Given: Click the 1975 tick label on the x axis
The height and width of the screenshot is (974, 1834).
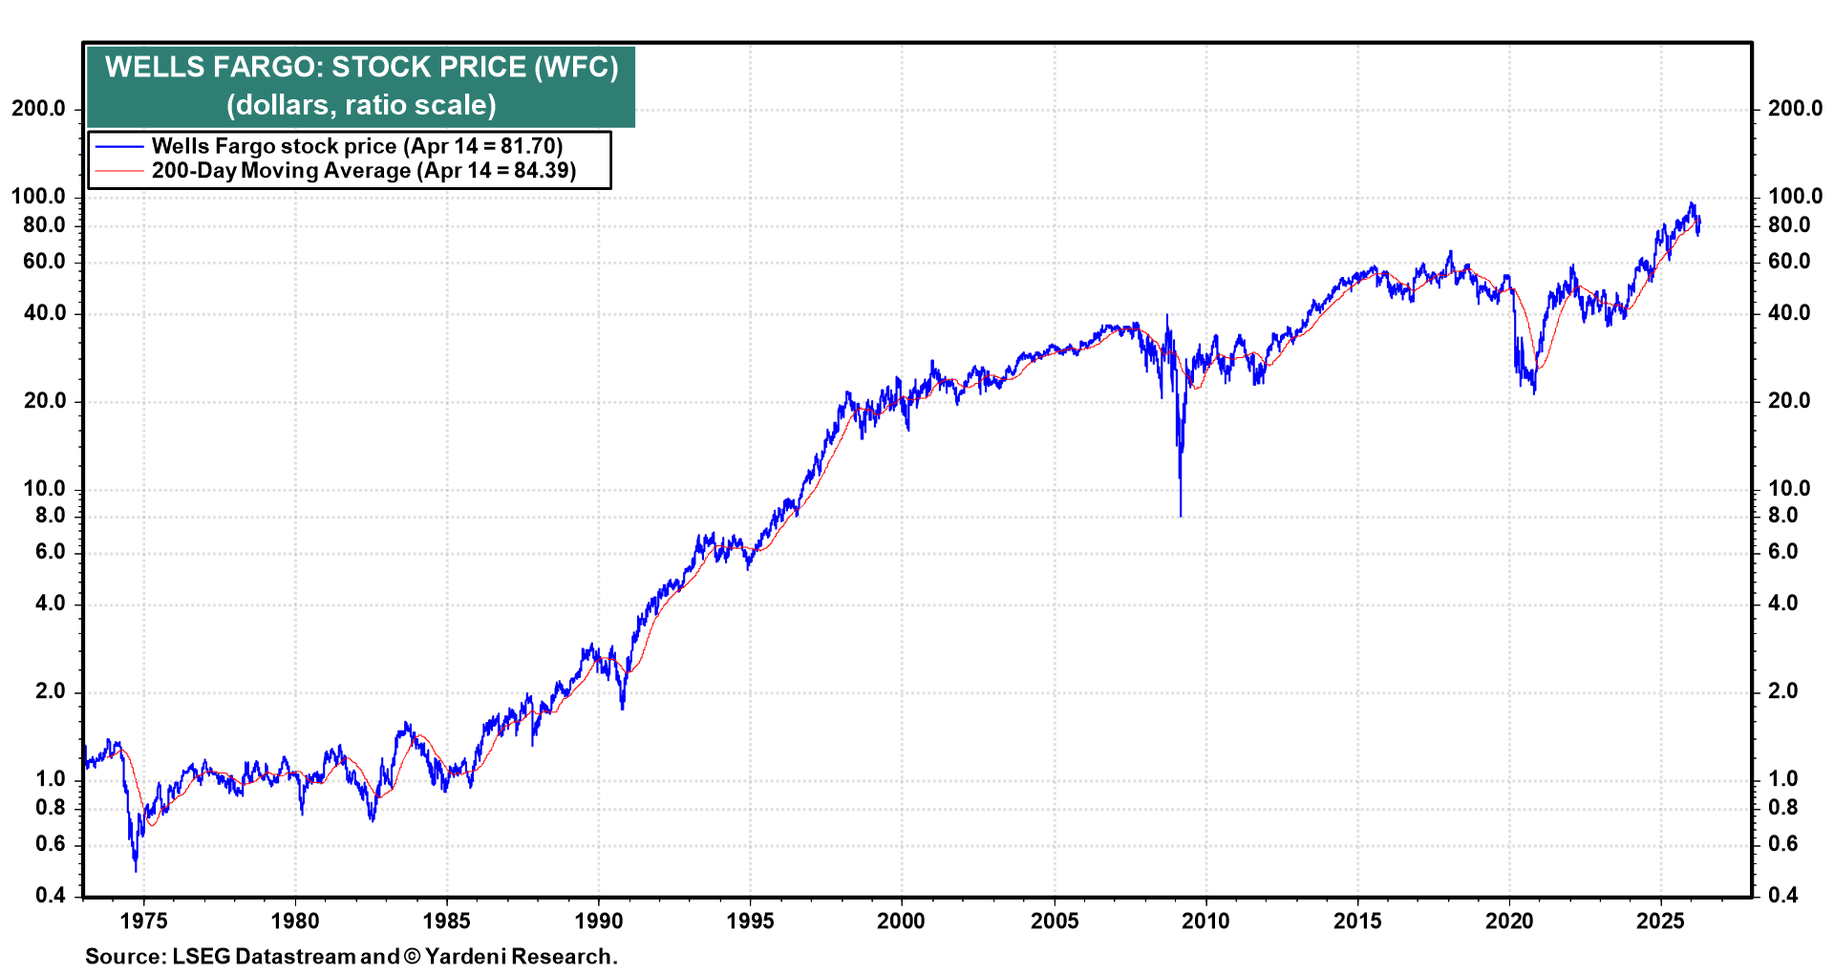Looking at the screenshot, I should click(x=143, y=921).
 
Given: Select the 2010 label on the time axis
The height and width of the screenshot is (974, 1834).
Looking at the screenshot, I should click(x=1205, y=921).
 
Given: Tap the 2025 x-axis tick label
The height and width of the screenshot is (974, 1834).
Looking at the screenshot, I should click(x=1660, y=921).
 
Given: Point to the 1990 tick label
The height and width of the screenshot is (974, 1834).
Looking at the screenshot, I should click(x=598, y=921).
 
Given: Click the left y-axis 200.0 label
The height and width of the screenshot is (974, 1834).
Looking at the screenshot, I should click(x=38, y=109).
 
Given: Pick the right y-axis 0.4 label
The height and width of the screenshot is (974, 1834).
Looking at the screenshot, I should click(x=1782, y=896).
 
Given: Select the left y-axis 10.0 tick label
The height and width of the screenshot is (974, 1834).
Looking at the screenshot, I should click(x=38, y=489).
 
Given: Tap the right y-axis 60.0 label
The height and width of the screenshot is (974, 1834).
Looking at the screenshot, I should click(x=1788, y=262).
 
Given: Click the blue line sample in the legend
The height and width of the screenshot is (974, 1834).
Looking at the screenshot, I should click(x=119, y=147).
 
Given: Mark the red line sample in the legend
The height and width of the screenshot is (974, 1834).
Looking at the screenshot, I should click(x=119, y=171).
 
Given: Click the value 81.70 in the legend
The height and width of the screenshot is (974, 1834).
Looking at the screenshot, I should click(x=528, y=147).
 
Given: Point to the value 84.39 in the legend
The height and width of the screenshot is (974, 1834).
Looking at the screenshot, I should click(x=542, y=171).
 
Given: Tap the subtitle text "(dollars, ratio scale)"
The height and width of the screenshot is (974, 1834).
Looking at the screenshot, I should click(x=361, y=105).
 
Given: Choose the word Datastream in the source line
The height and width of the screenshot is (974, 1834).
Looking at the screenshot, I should click(x=294, y=957).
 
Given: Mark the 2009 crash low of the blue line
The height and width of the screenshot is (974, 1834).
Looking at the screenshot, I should click(x=1181, y=516).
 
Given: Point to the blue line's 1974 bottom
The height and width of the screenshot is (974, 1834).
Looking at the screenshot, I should click(x=136, y=870).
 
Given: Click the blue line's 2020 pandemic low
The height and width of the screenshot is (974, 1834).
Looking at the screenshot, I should click(x=1534, y=392).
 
